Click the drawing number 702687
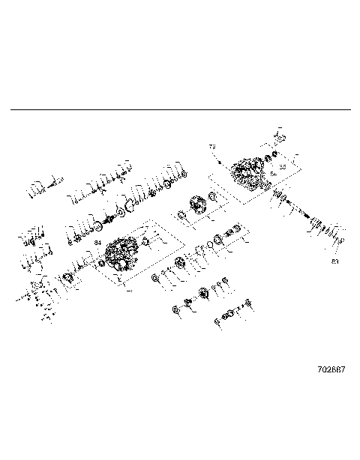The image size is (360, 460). [331, 370]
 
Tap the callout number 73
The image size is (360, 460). [212, 147]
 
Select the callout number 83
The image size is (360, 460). [334, 261]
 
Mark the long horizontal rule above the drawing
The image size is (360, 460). [180, 110]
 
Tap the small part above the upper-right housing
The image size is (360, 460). [278, 138]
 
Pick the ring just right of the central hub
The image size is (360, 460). [214, 198]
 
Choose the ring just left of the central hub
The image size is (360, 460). [181, 217]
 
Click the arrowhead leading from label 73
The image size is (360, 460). [218, 160]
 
